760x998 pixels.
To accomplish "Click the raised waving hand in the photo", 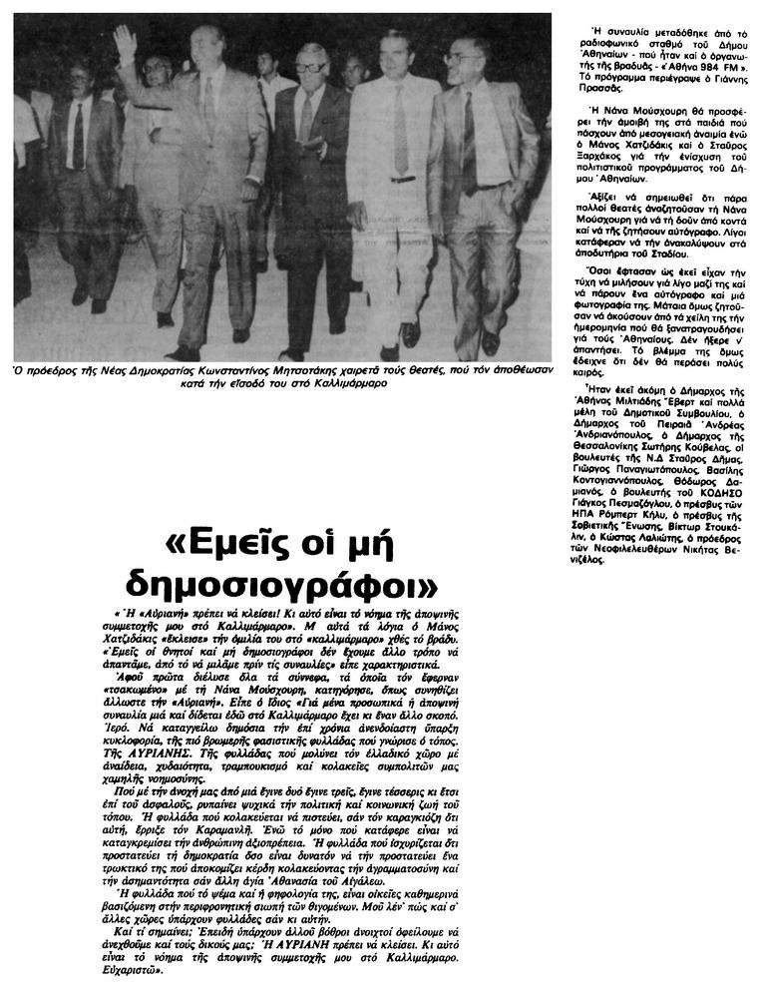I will tap(124, 42).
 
